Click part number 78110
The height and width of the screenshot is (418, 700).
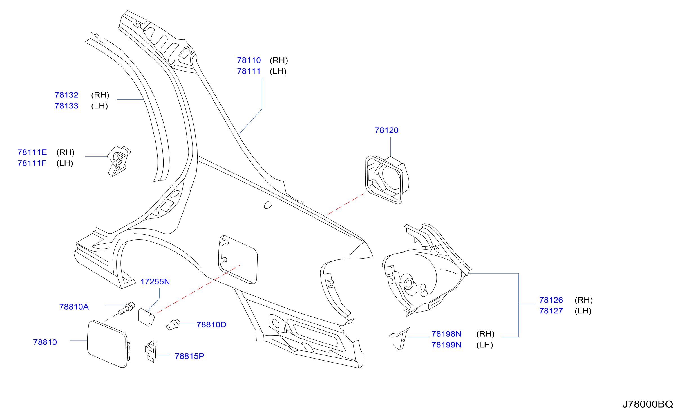coord(249,60)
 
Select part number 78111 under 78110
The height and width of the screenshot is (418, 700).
coord(249,71)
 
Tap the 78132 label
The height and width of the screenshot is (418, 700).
coord(66,95)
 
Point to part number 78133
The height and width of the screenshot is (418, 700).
coord(66,106)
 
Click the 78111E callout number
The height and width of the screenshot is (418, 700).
coord(32,152)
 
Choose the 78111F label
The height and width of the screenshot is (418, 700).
coord(32,163)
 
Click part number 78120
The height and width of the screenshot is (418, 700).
coord(386,130)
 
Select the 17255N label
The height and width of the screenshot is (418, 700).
coord(155,282)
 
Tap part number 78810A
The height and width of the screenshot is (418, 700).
coord(74,307)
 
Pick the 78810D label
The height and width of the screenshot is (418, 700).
coord(211,324)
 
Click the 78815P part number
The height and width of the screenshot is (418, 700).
coord(189,356)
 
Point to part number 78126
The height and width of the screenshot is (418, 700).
coord(551,300)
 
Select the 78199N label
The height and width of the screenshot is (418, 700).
coord(446,344)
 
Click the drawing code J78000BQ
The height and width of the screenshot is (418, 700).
coord(648,404)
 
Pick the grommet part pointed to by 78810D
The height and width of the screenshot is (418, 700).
coord(173,324)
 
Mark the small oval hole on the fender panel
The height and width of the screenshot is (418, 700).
coord(268,205)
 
